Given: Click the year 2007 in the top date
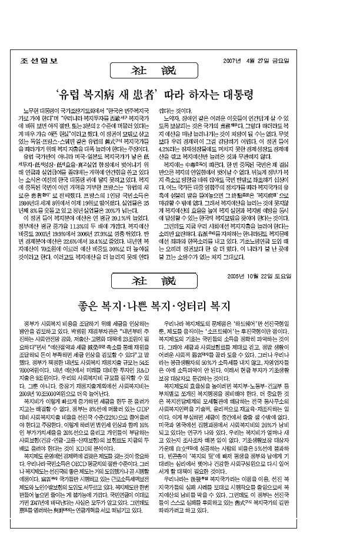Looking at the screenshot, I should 234,62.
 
